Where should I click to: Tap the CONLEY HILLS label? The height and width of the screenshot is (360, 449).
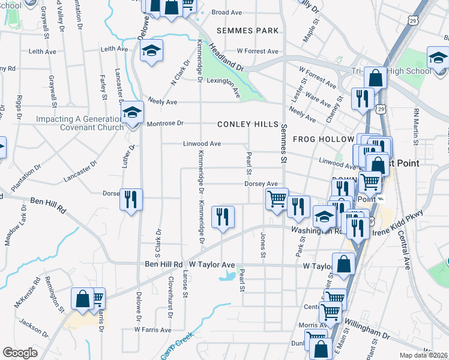pyautogui.click(x=248, y=124)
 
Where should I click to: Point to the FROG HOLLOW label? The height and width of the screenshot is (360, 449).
pyautogui.click(x=324, y=139)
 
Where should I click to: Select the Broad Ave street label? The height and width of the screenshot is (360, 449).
pyautogui.click(x=226, y=12)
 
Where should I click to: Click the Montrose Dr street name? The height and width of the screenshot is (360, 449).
pyautogui.click(x=164, y=124)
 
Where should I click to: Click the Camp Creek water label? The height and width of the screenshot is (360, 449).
pyautogui.click(x=178, y=346)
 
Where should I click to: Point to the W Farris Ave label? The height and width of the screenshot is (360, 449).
pyautogui.click(x=152, y=329)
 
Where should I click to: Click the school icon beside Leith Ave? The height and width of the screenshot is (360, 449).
pyautogui.click(x=152, y=52)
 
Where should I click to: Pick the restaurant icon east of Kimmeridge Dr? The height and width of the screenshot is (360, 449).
pyautogui.click(x=223, y=217)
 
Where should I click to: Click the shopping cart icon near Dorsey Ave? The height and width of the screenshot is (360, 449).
pyautogui.click(x=277, y=198)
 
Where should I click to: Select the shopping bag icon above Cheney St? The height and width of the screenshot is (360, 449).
pyautogui.click(x=375, y=77)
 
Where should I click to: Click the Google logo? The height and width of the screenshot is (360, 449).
pyautogui.click(x=20, y=353)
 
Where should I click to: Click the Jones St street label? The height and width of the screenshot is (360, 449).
pyautogui.click(x=262, y=246)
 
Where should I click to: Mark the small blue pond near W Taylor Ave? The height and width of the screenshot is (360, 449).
pyautogui.click(x=228, y=276)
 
